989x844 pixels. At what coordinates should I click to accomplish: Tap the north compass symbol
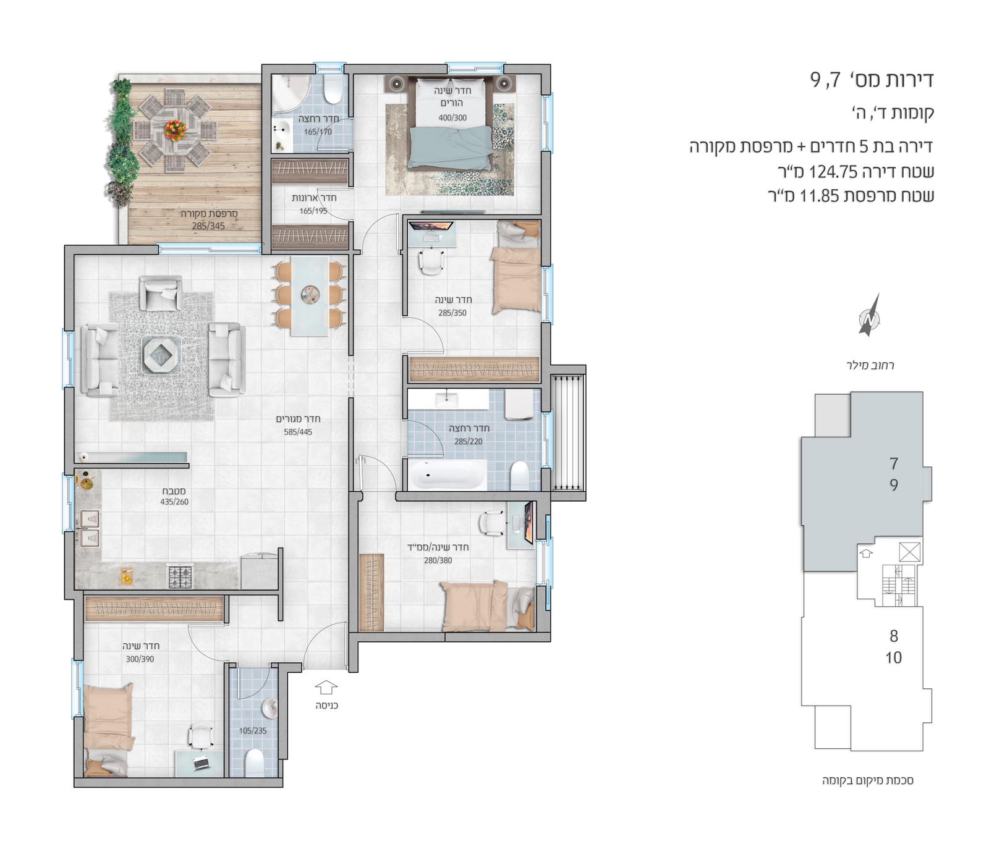869,316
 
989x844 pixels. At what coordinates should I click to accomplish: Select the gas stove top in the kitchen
180,576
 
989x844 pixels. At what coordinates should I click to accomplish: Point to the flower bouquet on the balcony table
175,129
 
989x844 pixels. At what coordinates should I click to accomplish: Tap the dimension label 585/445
298,432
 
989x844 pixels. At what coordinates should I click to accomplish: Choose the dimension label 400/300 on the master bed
452,117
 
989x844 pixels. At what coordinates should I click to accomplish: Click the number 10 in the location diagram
894,657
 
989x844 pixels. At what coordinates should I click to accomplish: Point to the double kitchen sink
90,528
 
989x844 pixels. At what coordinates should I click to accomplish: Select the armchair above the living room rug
161,292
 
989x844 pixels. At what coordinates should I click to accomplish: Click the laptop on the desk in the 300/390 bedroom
200,764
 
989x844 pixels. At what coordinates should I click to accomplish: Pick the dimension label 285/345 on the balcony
208,226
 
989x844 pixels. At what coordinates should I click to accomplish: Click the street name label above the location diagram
870,365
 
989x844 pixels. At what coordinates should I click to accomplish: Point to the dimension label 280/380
438,560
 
